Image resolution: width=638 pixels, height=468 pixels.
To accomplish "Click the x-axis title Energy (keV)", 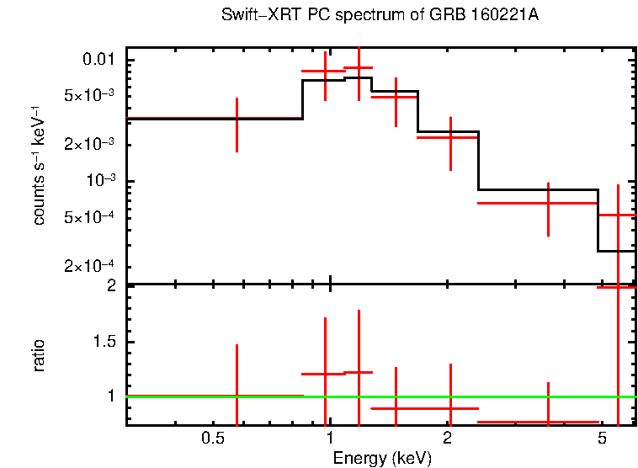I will pos(382,458).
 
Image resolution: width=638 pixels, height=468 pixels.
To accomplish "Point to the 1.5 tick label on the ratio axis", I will pos(105,342).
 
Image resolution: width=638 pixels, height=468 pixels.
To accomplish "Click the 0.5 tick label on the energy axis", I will pos(212,439).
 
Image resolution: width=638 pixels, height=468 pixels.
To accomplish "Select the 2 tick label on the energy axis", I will pos(448,439).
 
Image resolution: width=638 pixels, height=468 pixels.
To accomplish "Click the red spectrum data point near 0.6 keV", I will pos(237,125).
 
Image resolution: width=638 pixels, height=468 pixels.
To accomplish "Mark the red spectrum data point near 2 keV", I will pos(451,136).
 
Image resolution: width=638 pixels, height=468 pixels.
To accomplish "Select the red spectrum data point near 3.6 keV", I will pos(548,204).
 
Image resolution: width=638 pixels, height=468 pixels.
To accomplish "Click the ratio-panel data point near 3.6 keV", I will pos(548,422).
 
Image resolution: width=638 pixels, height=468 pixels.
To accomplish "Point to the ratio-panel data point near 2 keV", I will pos(451,408).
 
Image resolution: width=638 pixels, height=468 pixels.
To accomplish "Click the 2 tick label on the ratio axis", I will pos(111,285).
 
